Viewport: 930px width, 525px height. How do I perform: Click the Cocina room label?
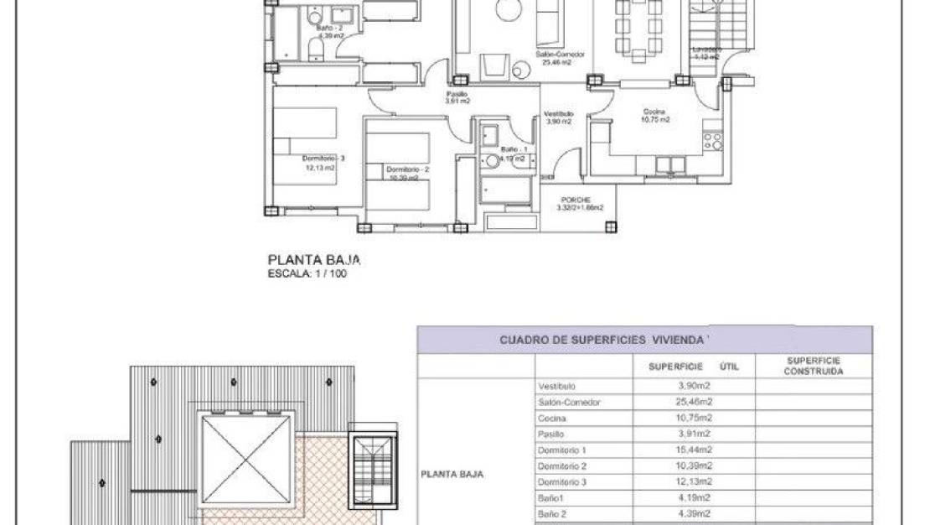click(654, 112)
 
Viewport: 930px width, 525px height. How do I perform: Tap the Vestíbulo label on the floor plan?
click(558, 113)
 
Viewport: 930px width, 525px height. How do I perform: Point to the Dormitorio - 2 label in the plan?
click(407, 169)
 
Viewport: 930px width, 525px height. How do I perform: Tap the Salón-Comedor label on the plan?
click(561, 54)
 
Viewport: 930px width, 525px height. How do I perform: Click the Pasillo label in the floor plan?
click(457, 94)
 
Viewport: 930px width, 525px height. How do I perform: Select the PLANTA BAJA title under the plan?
click(313, 261)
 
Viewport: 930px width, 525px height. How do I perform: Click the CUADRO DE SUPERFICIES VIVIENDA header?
click(603, 340)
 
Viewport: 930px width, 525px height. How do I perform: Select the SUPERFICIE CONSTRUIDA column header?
click(813, 366)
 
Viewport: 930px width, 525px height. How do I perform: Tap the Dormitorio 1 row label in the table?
click(557, 450)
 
